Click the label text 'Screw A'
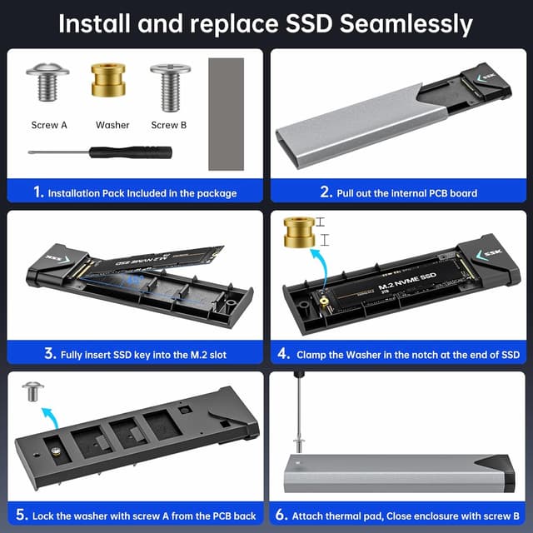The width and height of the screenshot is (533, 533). coord(49,125)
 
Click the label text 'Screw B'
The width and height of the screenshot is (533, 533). coord(169,125)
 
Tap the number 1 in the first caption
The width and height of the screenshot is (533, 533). coord(37,192)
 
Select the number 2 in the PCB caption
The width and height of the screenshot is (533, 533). coord(326,192)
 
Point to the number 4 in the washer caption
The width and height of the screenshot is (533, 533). coord(286,354)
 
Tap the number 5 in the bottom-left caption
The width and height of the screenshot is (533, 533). coord(22,516)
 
